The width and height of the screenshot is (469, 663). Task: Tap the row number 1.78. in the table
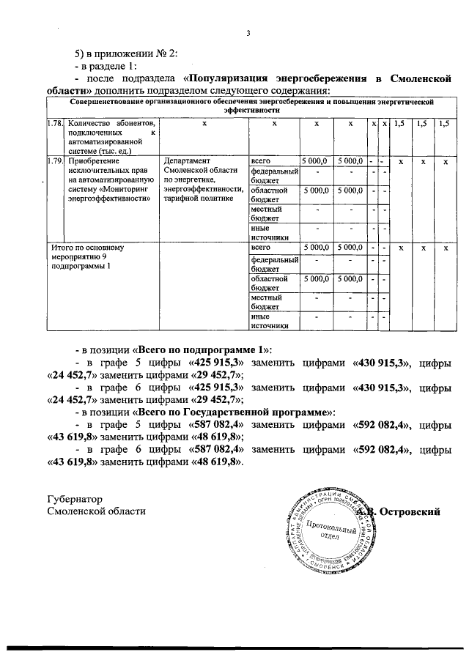(55, 125)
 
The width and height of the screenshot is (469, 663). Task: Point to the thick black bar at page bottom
(234, 648)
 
